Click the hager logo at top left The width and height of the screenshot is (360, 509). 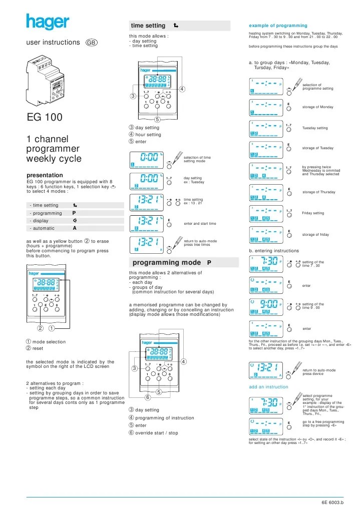(x=48, y=22)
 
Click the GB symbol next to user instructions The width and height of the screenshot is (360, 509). (x=92, y=43)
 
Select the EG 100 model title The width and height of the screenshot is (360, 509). (x=45, y=118)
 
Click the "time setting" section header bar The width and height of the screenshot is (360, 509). (x=179, y=26)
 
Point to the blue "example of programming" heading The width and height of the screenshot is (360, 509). (x=278, y=26)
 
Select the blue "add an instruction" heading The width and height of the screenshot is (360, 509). (x=268, y=387)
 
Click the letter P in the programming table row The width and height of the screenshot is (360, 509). (x=74, y=213)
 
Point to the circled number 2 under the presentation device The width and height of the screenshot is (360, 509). (x=40, y=329)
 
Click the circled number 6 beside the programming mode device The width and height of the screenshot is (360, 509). (x=148, y=398)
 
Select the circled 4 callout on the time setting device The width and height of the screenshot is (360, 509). (x=182, y=90)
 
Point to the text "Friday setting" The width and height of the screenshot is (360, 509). (x=314, y=213)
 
